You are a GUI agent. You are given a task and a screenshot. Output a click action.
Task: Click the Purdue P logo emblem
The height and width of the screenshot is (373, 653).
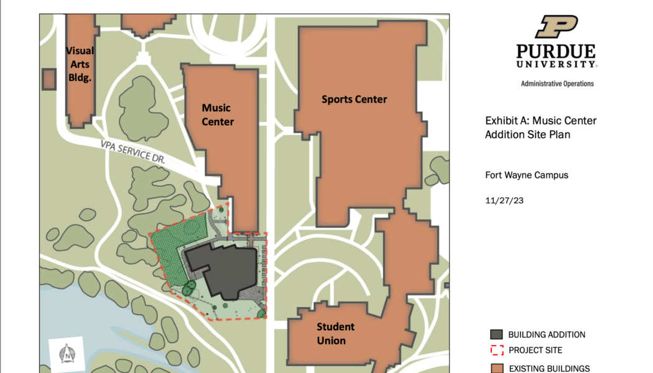[557, 27]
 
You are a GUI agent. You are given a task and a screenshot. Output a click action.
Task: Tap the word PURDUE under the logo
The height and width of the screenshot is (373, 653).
[555, 52]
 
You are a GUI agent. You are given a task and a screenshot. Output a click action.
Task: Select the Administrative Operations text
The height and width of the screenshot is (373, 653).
[557, 83]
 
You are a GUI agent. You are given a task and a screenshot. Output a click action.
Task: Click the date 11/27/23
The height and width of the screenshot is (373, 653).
[503, 201]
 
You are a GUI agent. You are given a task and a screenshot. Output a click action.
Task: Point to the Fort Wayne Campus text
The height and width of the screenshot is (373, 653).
[526, 175]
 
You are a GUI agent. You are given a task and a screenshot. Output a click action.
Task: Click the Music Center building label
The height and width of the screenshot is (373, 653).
[218, 115]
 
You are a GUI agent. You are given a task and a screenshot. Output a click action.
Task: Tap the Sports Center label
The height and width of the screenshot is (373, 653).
[354, 99]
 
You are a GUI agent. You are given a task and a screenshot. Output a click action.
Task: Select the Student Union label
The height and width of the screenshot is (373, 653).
[335, 333]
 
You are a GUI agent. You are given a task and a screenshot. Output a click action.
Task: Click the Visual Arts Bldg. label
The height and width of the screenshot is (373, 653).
[80, 64]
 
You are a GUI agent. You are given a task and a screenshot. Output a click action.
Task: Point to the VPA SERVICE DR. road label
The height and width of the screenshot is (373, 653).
[134, 151]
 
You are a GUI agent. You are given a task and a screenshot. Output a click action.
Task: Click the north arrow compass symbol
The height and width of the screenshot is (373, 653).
[66, 352]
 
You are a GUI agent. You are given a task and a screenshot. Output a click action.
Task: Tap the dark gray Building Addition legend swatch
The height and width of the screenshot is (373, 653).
[496, 334]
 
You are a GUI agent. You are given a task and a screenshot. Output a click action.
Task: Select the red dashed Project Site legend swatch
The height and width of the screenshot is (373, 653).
[496, 350]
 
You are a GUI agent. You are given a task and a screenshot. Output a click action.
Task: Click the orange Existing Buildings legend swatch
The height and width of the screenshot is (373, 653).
[496, 367]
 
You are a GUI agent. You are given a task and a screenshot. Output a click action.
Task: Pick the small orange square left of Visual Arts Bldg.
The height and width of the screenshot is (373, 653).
[48, 80]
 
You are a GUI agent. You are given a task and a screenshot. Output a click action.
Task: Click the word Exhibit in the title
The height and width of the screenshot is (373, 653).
[501, 121]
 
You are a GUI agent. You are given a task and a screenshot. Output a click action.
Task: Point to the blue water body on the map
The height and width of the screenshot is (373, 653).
[93, 323]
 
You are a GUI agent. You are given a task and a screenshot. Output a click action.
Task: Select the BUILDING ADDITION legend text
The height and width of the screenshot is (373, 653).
[546, 334]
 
